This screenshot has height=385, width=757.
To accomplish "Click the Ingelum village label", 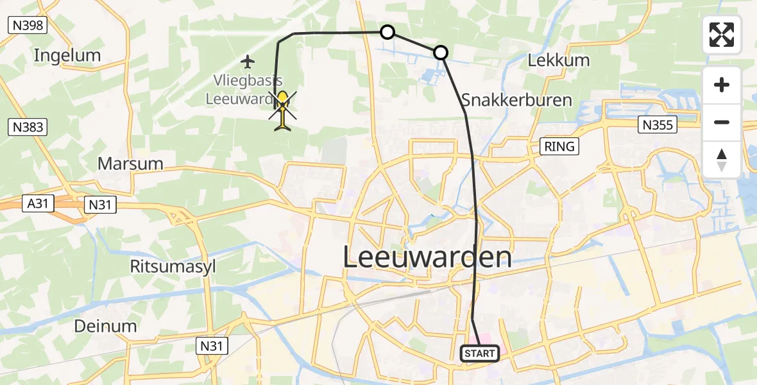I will pyautogui.click(x=67, y=55).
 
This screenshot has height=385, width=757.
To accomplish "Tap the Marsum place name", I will pyautogui.click(x=130, y=163).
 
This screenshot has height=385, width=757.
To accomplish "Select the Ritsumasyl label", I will pyautogui.click(x=169, y=248).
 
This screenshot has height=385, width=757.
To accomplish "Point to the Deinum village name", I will pyautogui.click(x=105, y=325).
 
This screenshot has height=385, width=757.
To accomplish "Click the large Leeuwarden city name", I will pyautogui.click(x=427, y=257).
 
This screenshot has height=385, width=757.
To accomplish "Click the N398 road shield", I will pyautogui.click(x=26, y=25).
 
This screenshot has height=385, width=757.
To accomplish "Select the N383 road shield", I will pyautogui.click(x=28, y=127).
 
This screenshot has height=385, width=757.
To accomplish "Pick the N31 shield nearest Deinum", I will pyautogui.click(x=211, y=346).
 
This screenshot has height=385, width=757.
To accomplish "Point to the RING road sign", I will pyautogui.click(x=559, y=146).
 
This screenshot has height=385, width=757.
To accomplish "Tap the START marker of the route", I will pyautogui.click(x=480, y=354).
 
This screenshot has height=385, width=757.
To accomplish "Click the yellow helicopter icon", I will pyautogui.click(x=282, y=109).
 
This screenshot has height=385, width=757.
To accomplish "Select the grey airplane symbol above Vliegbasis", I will pyautogui.click(x=248, y=62).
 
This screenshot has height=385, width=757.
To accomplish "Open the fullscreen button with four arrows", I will pyautogui.click(x=722, y=35).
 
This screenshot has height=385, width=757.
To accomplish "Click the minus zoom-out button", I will pyautogui.click(x=722, y=122).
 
